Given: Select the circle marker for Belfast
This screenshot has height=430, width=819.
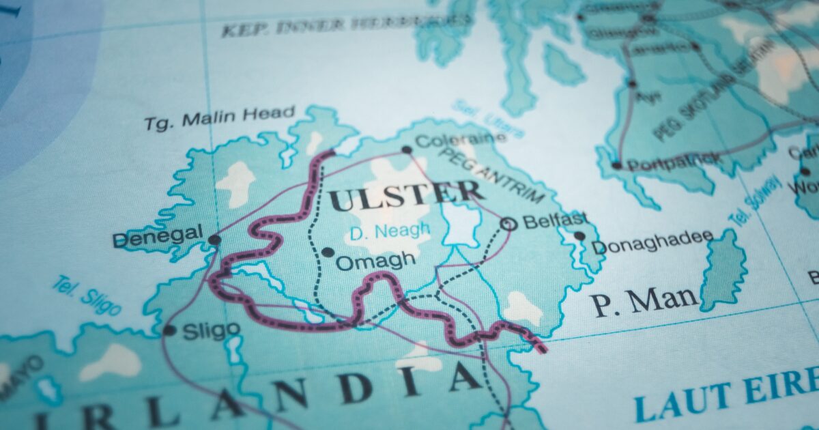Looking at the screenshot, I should [x=507, y=223].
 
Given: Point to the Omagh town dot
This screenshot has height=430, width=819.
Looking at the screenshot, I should [x=328, y=253].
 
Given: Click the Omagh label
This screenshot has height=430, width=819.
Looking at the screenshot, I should [x=375, y=260].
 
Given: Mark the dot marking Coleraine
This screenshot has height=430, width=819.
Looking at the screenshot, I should [x=407, y=149].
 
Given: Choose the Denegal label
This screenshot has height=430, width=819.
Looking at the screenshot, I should [x=158, y=238].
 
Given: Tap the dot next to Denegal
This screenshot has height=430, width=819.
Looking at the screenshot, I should [x=214, y=240].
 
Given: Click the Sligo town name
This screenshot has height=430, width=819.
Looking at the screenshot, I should [x=211, y=330].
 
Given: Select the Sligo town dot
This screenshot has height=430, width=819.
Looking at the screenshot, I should [x=169, y=330].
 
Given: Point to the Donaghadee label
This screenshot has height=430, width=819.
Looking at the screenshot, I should [x=652, y=242].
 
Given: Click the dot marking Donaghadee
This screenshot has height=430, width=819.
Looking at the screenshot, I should [x=579, y=236].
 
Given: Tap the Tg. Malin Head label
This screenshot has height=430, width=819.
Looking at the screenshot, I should [x=220, y=117].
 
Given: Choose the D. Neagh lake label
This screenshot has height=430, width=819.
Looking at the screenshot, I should [x=390, y=231].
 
